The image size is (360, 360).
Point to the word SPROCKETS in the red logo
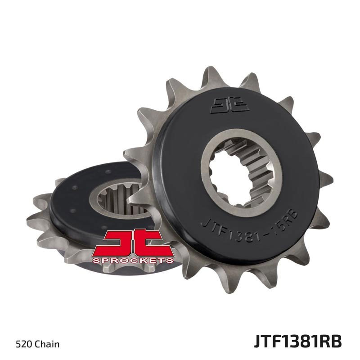pos(132,260)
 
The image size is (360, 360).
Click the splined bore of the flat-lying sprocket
pos(112,198)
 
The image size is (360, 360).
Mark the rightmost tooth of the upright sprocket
pos(325,178)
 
